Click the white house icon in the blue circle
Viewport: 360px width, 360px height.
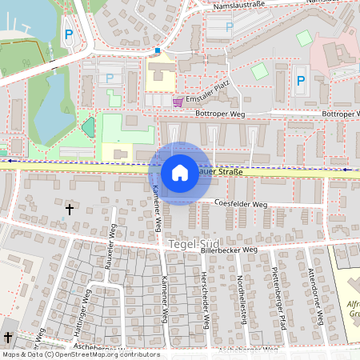[x=180, y=173]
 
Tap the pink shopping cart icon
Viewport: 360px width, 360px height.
[x=178, y=102]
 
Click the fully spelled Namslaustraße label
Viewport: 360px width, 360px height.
[x=240, y=6]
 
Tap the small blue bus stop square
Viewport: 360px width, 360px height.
[x=157, y=50]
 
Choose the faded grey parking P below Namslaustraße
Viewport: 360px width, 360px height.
[x=230, y=26]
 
